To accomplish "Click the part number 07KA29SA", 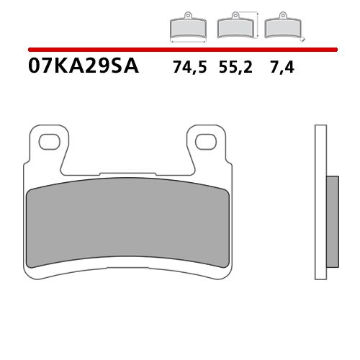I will (x=84, y=69).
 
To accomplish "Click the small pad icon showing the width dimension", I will (x=188, y=28).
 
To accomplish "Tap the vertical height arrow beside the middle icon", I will (x=258, y=24).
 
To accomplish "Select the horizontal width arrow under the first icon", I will (x=188, y=42).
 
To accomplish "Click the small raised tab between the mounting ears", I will (x=127, y=173).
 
